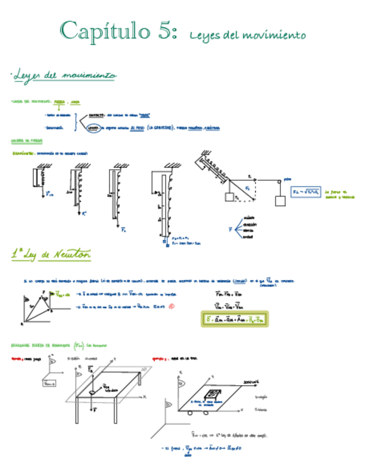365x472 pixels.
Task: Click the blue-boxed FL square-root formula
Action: coord(307,193)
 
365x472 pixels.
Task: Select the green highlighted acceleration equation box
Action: coord(234,319)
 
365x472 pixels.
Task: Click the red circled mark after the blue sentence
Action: coord(172,306)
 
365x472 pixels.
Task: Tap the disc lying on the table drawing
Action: coord(92,394)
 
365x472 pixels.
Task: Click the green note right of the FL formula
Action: coord(340,193)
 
